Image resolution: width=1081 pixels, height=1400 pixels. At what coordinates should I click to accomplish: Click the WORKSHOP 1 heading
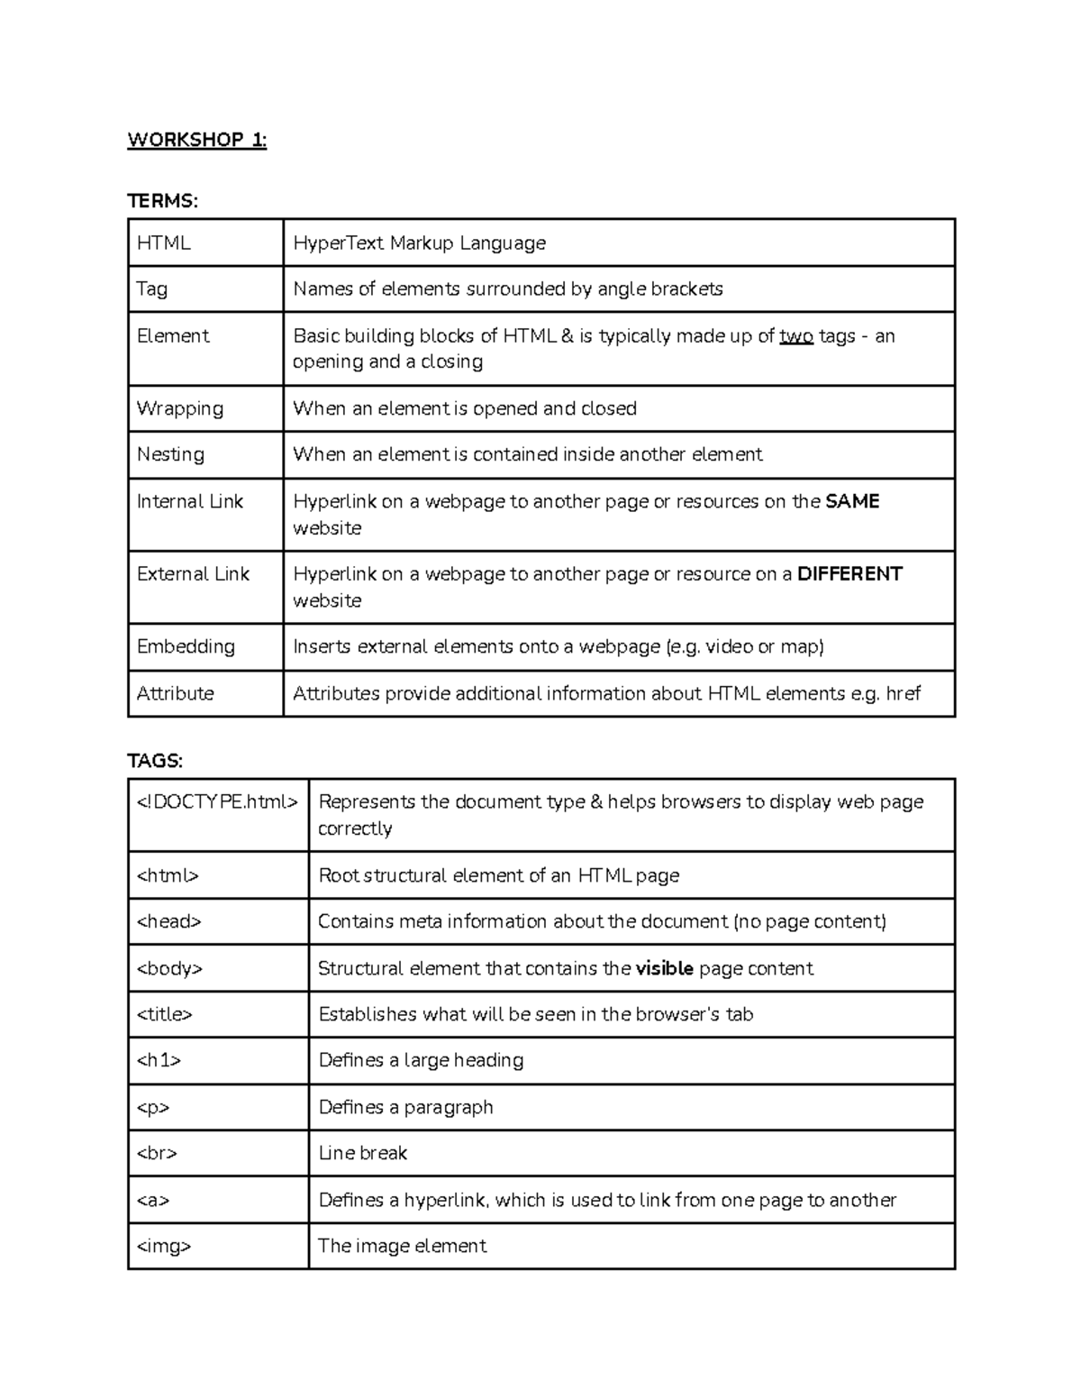(x=196, y=140)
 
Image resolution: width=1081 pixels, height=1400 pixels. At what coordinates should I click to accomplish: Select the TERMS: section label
(x=162, y=201)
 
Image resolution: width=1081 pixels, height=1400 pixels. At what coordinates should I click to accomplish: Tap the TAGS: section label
(x=155, y=761)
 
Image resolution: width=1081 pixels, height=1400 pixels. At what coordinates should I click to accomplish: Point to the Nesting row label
(x=170, y=454)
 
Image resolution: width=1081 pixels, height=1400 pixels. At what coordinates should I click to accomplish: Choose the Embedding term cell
(x=186, y=646)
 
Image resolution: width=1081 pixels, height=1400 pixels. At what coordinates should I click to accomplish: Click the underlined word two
(x=795, y=336)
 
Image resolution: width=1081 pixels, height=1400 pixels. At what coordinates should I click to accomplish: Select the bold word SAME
(x=852, y=501)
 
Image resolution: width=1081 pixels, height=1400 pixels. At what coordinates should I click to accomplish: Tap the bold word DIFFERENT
(x=849, y=574)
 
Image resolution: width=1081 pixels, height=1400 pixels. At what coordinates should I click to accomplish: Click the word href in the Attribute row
(x=903, y=693)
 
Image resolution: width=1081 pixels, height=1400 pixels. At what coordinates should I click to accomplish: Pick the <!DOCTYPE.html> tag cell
(x=217, y=801)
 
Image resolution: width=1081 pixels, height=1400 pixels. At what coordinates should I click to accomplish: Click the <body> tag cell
(x=169, y=968)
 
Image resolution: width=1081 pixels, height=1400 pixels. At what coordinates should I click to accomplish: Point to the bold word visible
(x=664, y=968)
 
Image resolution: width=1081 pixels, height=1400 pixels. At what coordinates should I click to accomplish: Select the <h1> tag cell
(x=159, y=1060)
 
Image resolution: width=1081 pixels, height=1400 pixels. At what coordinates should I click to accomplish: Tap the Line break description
(x=363, y=1153)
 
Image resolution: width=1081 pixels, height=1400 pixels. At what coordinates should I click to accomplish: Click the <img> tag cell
(x=164, y=1246)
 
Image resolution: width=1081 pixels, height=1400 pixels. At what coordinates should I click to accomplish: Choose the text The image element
(x=402, y=1246)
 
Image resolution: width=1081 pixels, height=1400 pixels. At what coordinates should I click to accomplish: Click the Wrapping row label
(x=179, y=408)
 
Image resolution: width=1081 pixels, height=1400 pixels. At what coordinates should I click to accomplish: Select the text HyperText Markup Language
(x=419, y=243)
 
